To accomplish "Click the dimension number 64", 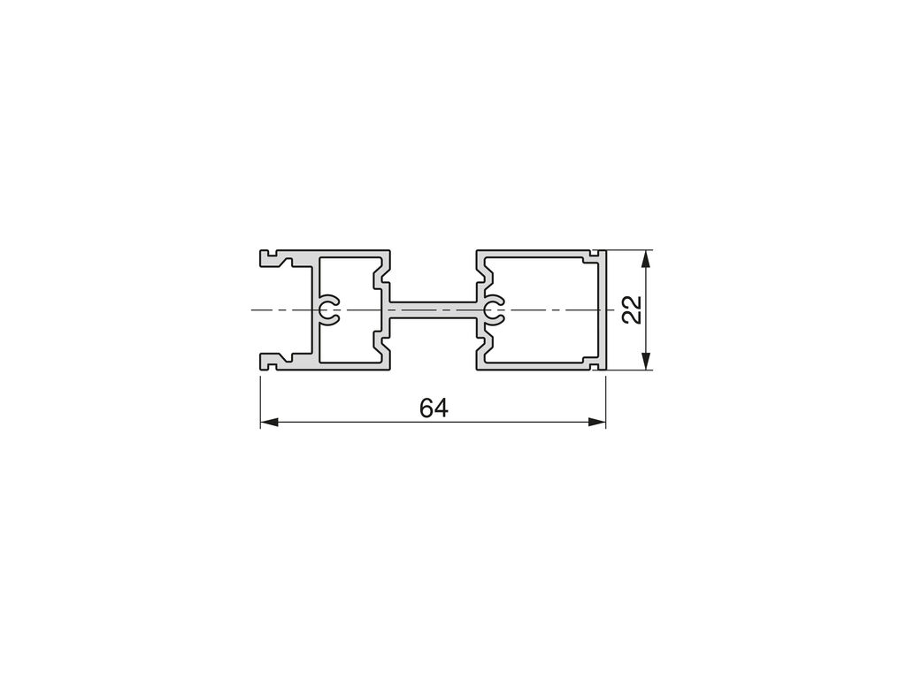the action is coord(434,408).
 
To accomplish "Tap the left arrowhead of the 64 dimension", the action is coord(269,422).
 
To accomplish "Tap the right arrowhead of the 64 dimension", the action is coord(597,422).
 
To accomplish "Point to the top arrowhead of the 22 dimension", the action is coord(647,259).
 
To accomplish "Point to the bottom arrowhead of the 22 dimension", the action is coord(647,361).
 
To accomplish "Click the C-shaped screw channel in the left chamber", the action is coord(328,310).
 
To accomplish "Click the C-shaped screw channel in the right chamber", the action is coord(493,310).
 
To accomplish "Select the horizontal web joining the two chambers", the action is coord(434,310).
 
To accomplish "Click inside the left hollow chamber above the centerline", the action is coord(347,277).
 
